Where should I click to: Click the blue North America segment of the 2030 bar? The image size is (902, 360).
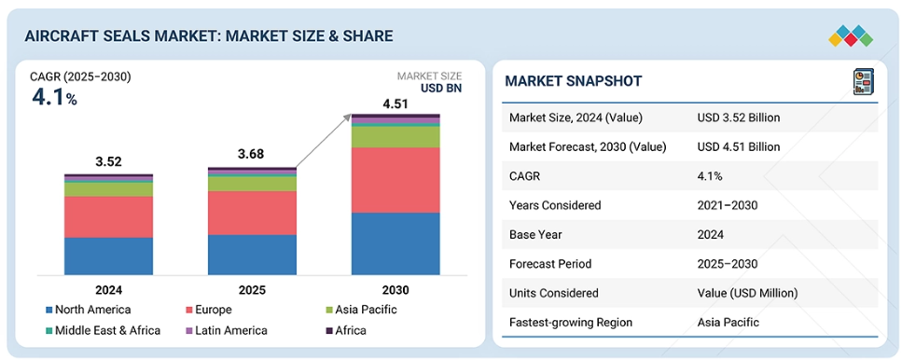(395, 243)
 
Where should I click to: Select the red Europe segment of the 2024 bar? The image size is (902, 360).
(109, 216)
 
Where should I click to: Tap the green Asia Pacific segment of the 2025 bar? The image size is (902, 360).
(252, 184)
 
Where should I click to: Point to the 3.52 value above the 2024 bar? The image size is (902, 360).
(109, 161)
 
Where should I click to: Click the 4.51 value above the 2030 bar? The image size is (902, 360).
(395, 104)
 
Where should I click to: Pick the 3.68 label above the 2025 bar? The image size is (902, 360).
(252, 155)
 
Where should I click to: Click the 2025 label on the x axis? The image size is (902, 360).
(252, 290)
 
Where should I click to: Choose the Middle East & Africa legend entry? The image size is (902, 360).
(103, 330)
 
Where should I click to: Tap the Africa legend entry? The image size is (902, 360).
(346, 330)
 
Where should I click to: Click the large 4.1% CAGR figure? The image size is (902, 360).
(54, 98)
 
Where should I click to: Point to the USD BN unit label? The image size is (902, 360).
(441, 88)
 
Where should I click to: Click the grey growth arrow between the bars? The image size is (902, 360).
(324, 141)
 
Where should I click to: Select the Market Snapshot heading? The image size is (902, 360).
(573, 81)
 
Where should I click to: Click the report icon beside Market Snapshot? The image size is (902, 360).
(864, 81)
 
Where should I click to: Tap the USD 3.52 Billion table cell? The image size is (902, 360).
(739, 118)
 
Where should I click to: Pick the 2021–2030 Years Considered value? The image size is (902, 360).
(728, 205)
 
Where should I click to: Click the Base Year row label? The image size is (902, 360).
(535, 235)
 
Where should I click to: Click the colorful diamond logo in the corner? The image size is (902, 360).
(851, 35)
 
